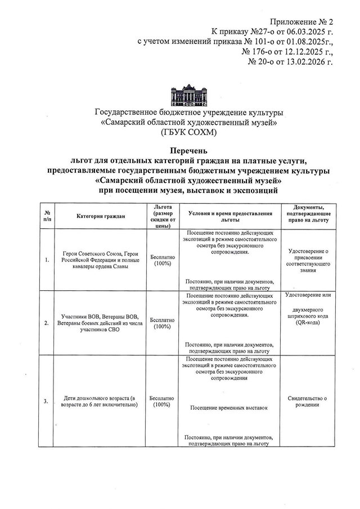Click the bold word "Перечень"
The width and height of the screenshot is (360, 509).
188,151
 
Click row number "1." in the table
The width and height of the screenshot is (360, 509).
46,259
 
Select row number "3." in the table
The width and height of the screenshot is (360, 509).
46,400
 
